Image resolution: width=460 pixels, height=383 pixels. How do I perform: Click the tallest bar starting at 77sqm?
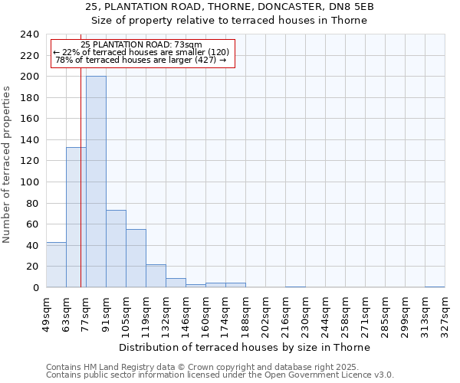[x=96, y=182]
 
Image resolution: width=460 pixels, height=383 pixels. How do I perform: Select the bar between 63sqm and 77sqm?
[x=76, y=217]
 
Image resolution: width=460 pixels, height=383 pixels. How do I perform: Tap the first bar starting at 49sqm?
[x=56, y=264]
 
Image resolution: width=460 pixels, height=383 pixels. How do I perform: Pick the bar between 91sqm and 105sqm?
[x=116, y=248]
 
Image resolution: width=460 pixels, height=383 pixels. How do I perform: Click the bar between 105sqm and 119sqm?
[x=136, y=258]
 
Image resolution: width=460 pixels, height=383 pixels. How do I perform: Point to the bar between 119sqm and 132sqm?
[x=156, y=276]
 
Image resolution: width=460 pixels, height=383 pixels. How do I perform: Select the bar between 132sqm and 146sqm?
[x=176, y=283]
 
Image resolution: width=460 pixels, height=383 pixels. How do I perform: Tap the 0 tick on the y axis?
[x=35, y=288]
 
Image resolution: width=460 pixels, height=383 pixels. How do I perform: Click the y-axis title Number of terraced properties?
[x=7, y=164]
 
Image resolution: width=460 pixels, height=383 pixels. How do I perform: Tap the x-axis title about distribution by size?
[x=245, y=347]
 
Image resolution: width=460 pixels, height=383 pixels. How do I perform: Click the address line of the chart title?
[x=230, y=7]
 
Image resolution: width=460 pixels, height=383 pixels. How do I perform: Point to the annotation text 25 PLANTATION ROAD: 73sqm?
[x=141, y=44]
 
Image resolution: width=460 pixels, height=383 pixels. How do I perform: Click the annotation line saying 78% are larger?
[x=141, y=60]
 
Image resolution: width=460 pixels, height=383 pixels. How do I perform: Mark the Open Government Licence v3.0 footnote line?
[x=220, y=375]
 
